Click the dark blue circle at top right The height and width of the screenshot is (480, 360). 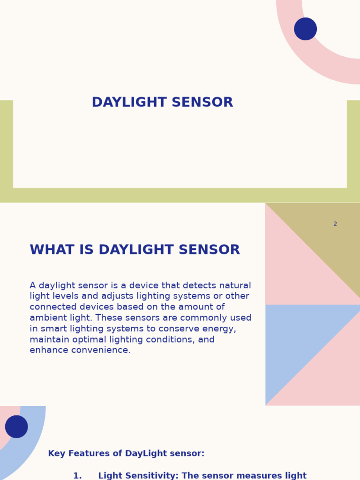[306, 29]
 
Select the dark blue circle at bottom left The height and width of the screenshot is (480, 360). [16, 427]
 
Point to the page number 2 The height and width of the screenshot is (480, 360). [335, 224]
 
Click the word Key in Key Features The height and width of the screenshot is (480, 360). [56, 454]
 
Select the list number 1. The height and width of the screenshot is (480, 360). [77, 476]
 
